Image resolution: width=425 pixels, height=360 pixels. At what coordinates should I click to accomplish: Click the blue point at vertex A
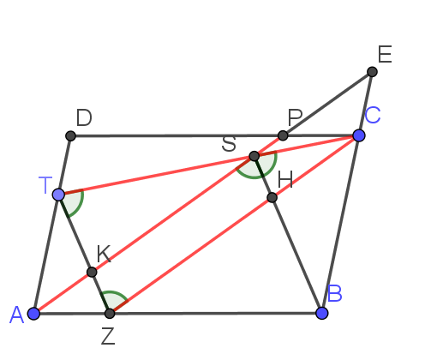point(33,314)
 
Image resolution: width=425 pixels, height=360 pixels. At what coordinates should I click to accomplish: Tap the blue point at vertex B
point(322,313)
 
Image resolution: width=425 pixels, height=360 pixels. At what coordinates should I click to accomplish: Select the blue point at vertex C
point(359,135)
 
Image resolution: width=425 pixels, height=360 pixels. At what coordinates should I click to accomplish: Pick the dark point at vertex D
point(70,135)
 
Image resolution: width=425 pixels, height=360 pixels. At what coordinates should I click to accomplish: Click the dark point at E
point(372,72)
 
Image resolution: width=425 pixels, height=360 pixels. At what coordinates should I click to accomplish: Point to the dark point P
point(283,135)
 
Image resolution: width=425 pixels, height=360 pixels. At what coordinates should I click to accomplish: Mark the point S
point(254,156)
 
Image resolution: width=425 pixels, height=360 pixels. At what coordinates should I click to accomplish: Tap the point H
point(272,197)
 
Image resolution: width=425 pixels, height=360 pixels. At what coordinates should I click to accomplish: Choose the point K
point(92,272)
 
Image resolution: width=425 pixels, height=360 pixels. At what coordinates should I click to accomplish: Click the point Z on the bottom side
point(110,314)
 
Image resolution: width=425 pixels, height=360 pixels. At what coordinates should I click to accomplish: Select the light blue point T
point(58,195)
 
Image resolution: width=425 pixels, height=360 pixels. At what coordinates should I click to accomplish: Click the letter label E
point(385,54)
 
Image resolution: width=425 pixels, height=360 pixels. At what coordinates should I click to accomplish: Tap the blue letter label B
point(335,293)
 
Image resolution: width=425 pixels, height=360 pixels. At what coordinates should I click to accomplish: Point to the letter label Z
point(108,336)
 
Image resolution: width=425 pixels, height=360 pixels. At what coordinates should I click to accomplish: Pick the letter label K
point(104,254)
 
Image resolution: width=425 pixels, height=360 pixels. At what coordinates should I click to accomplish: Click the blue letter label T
point(45,185)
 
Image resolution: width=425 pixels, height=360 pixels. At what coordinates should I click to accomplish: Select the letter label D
point(84,117)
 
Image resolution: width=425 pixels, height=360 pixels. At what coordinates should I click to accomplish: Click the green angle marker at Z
point(114,293)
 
